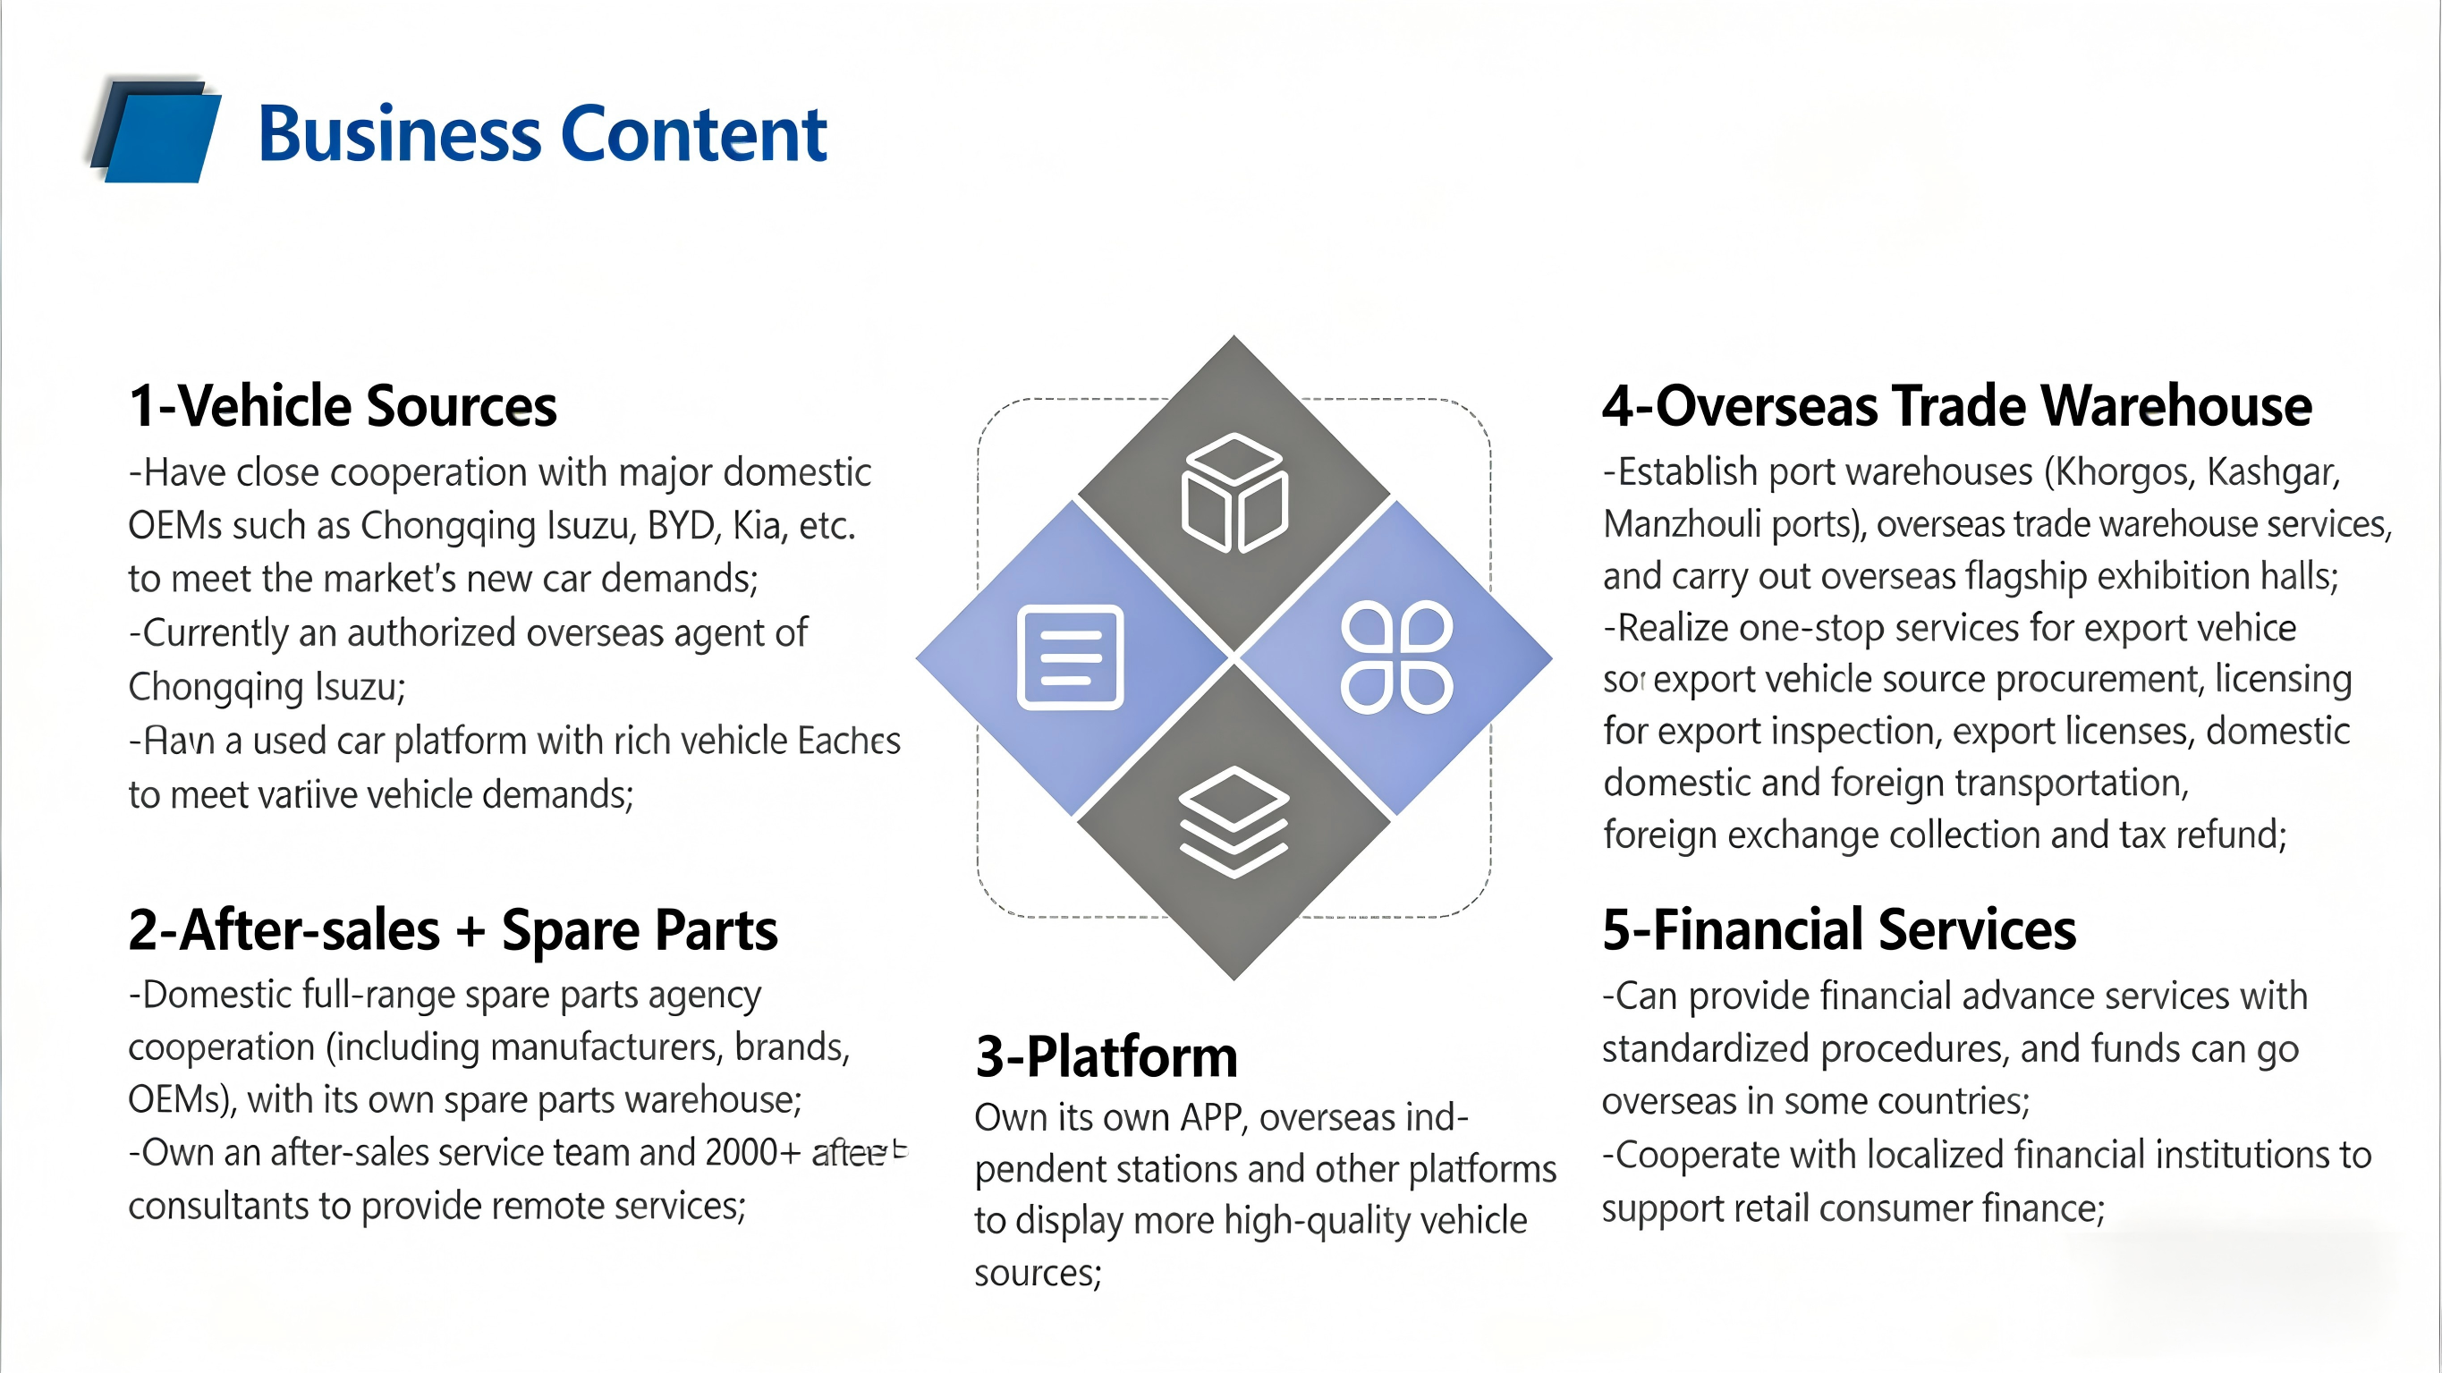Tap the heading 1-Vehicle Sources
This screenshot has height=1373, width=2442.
pyautogui.click(x=343, y=406)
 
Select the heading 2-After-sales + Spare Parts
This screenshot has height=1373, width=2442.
pyautogui.click(x=453, y=930)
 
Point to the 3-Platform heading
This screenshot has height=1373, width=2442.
pyautogui.click(x=1107, y=1056)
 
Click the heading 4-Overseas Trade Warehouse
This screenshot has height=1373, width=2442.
pyautogui.click(x=1956, y=406)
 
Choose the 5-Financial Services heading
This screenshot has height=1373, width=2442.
pyautogui.click(x=1838, y=930)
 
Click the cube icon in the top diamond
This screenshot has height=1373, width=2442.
pyautogui.click(x=1234, y=492)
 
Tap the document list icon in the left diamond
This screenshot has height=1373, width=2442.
pyautogui.click(x=1070, y=657)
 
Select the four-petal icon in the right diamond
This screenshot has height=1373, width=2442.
pyautogui.click(x=1396, y=657)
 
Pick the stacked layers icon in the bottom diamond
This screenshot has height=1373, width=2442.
pyautogui.click(x=1234, y=821)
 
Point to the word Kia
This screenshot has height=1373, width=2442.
pyautogui.click(x=758, y=525)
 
